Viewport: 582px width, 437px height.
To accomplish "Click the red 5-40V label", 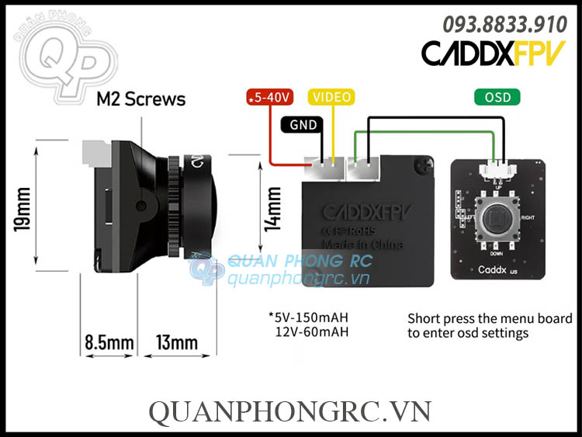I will pos(268,97).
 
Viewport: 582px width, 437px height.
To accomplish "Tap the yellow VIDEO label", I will pos(331,97).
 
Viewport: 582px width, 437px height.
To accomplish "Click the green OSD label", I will pos(497,97).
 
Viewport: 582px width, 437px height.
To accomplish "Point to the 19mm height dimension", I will pos(23,208).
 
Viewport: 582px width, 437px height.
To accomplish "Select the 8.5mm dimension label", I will pos(109,342).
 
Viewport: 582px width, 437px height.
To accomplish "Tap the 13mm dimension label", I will pos(176,342).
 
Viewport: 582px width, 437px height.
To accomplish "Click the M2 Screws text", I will pos(140,99).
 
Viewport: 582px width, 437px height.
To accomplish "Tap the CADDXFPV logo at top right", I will pos(493,52).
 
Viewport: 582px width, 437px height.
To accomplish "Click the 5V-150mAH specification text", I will pos(308,317).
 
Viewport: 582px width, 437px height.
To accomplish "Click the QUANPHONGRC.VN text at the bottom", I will pos(290,411).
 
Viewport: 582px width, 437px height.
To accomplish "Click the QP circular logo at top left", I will pos(56,56).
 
